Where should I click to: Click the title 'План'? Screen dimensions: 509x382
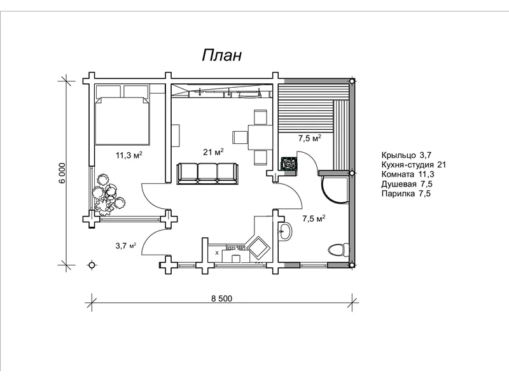point(222,55)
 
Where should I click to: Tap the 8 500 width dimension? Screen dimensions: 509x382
point(221,298)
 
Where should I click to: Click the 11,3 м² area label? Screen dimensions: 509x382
point(129,155)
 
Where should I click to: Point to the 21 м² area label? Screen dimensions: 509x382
point(213,152)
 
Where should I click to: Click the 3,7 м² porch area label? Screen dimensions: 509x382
point(125,246)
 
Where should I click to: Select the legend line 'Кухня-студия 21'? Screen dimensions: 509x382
point(414,165)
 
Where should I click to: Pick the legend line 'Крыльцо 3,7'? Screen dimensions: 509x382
point(407,155)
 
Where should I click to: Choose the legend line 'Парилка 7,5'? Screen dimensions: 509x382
point(406,194)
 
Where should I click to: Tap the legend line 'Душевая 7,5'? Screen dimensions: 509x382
point(407,184)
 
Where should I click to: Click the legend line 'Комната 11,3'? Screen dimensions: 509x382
point(408,174)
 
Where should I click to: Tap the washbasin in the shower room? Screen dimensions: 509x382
point(285,231)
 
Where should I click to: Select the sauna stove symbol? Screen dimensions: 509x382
point(288,163)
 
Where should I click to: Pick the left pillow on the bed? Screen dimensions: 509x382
point(108,91)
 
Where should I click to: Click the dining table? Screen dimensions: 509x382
point(260,137)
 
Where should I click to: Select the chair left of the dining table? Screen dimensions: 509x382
point(241,137)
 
